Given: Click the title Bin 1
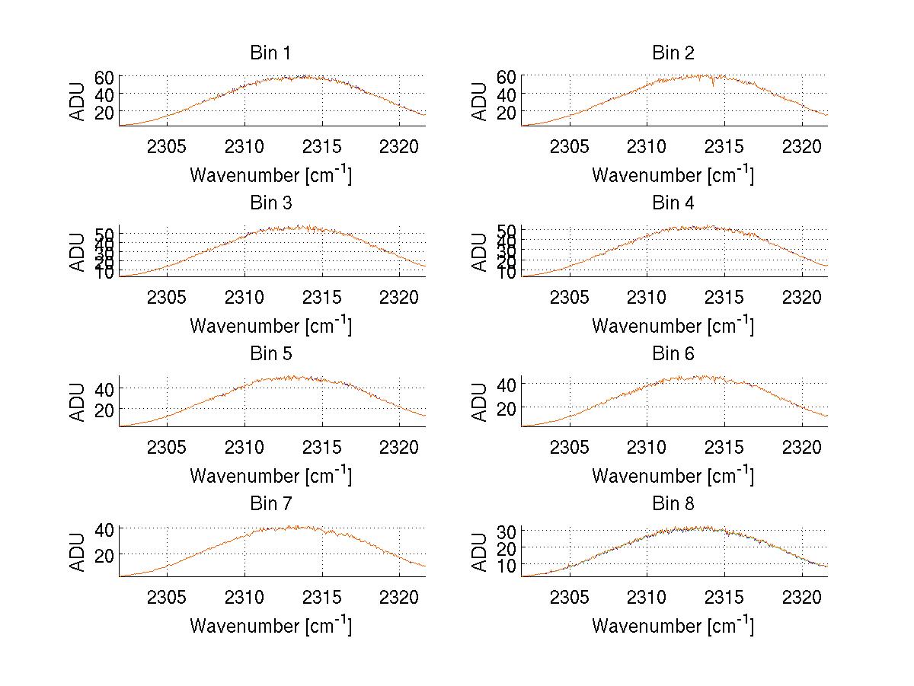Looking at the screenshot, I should click(270, 53).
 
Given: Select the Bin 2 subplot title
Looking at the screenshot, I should click(673, 53).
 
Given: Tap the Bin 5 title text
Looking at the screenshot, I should click(270, 354).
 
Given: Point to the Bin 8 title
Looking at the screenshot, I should click(673, 504).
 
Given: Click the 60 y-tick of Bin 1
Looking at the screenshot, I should click(104, 77).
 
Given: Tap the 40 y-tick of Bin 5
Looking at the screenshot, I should click(104, 388).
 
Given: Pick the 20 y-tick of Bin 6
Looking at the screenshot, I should click(507, 408).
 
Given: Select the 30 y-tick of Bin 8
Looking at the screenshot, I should click(507, 531).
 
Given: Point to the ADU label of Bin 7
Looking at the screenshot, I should click(78, 551).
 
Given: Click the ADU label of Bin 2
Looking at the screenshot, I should click(480, 101).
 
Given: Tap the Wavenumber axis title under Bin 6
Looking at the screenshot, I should click(673, 475).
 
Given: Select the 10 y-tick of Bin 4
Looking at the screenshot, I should click(507, 272).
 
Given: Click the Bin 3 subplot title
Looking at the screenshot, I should click(270, 203).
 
